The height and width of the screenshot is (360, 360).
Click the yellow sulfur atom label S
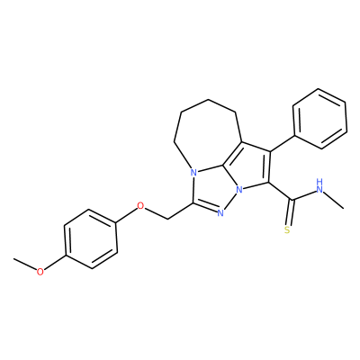pos(287,230)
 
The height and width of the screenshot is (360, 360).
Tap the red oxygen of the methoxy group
pos(40,272)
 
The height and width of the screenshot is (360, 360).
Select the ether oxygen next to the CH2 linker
pos(140,206)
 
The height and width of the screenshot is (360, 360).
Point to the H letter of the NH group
pos(319,182)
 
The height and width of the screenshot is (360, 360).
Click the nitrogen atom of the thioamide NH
pos(319,189)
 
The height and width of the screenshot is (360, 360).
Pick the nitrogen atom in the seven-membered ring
pos(193,173)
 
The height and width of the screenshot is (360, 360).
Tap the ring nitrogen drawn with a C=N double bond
pos(220,212)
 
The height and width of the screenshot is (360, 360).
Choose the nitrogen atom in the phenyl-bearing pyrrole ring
pos(239,190)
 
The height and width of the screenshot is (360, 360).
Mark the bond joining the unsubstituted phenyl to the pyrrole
pos(283,144)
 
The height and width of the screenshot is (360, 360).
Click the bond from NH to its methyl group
pos(334,200)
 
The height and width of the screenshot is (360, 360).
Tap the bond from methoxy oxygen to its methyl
pos(25,265)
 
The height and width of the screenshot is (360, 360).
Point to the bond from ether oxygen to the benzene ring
pos(126,215)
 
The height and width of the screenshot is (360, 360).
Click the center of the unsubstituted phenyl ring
pos(319,119)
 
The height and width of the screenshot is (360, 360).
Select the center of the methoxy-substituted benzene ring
pos(90,239)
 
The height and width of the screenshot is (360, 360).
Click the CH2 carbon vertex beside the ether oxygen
pos(167,219)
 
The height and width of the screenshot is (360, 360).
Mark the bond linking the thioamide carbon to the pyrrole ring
pos(280,191)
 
